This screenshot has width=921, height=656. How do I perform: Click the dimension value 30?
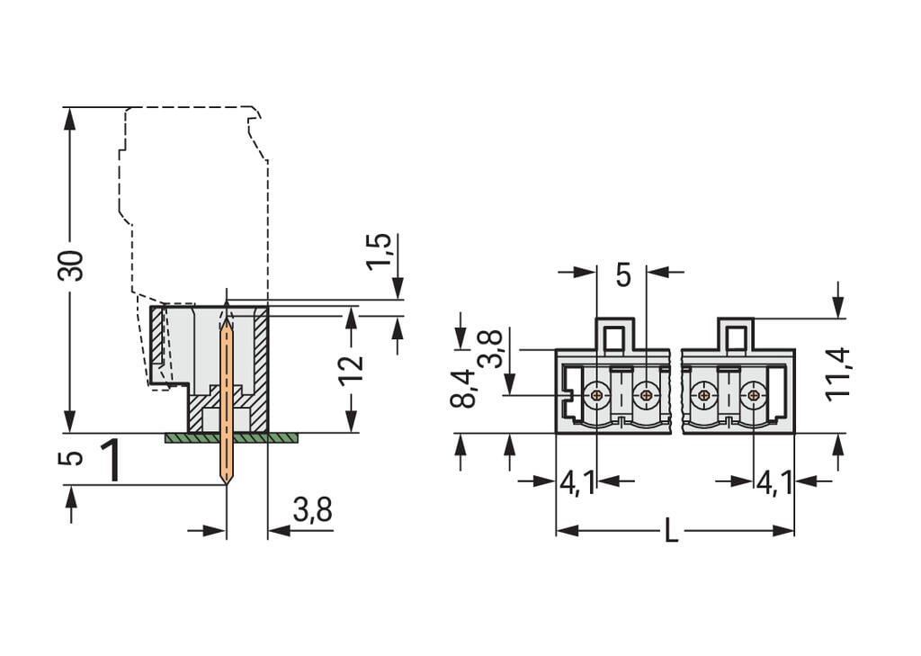72,265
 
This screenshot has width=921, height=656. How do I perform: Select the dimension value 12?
352,368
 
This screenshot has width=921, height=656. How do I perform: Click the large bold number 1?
112,461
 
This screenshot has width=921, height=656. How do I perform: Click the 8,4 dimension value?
462,388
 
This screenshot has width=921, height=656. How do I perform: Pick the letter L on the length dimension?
671,532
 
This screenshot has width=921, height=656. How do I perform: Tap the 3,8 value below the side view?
312,511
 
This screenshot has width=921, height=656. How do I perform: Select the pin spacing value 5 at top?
623,275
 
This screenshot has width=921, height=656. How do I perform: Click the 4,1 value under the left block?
576,483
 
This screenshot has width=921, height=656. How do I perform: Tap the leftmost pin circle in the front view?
595,393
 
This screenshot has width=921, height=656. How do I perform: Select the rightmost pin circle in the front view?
752,393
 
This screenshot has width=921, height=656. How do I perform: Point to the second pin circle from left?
645,393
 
